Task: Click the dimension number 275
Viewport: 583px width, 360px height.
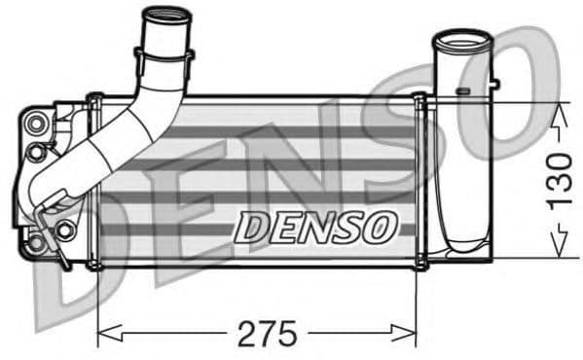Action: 267,334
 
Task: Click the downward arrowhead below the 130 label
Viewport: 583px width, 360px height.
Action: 558,249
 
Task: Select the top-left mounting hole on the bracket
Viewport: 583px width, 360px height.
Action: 38,123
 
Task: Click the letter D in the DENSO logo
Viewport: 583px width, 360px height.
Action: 251,227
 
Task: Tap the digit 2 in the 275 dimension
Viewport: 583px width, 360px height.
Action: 246,334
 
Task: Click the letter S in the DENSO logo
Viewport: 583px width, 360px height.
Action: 348,227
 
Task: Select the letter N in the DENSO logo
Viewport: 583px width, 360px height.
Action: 314,227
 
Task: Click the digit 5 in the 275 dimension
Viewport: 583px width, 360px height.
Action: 288,334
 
